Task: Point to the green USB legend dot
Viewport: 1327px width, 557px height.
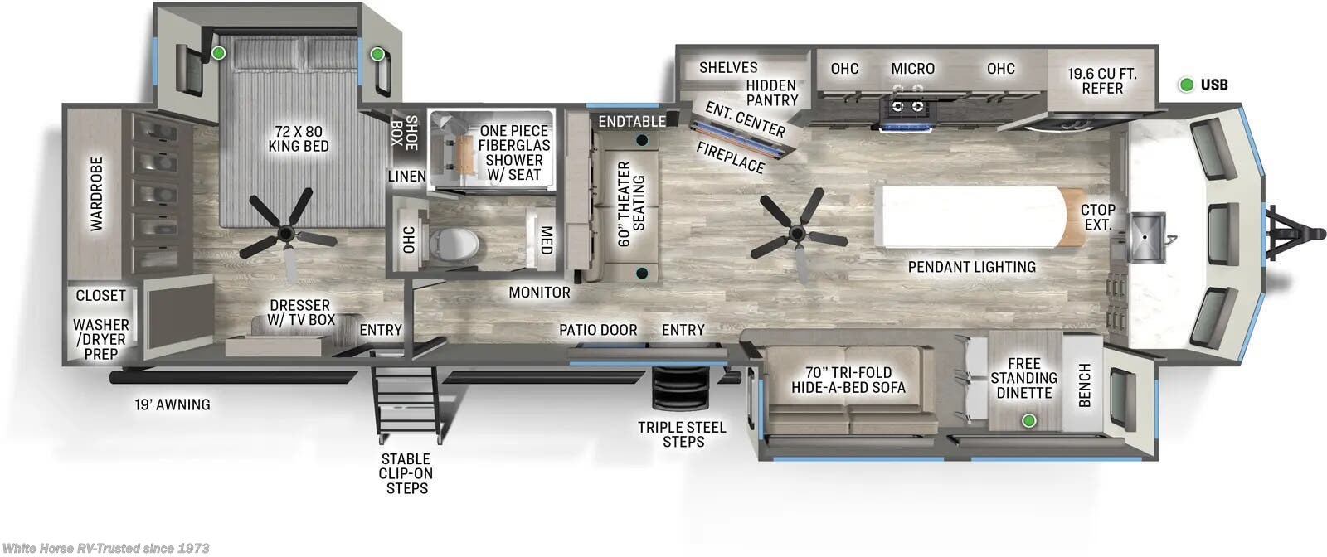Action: click(1186, 85)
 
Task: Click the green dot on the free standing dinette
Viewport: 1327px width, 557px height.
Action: click(1028, 420)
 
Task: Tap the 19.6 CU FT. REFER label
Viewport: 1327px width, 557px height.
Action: click(1101, 80)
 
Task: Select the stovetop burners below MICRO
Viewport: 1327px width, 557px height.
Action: click(907, 106)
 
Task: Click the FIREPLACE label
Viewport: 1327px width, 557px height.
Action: click(730, 157)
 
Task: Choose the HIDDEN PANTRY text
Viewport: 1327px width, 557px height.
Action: click(771, 92)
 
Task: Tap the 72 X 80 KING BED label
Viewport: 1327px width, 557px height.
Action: click(299, 138)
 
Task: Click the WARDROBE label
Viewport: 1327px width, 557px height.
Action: click(97, 193)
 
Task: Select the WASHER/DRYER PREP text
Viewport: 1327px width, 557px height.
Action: click(100, 339)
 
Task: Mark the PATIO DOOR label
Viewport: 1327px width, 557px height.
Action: click(598, 330)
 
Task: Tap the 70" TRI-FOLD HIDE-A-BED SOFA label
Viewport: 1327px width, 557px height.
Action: click(848, 380)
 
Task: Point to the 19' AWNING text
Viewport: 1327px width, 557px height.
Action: click(173, 404)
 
